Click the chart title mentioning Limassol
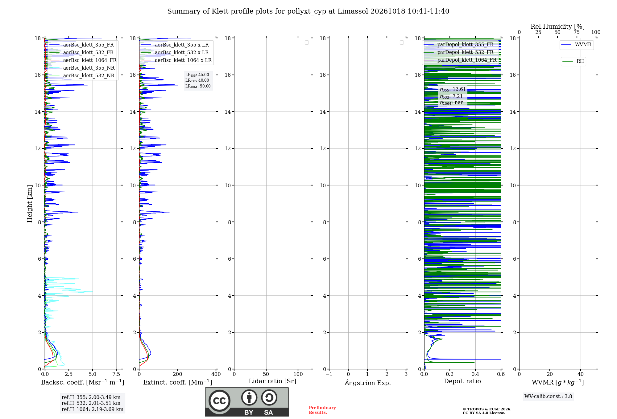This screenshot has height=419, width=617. [x=308, y=11]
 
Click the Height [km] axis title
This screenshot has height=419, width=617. [x=30, y=204]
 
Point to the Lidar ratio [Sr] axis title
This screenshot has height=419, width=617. [x=272, y=381]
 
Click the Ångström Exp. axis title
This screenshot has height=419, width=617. [x=368, y=383]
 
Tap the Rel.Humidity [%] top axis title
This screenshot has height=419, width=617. [x=558, y=26]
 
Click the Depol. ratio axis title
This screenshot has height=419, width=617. [x=462, y=381]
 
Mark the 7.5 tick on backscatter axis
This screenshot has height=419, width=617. [x=116, y=374]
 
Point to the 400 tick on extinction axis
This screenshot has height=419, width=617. [x=216, y=374]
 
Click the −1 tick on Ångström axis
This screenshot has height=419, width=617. [x=329, y=374]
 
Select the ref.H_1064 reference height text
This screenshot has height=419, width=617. [x=93, y=409]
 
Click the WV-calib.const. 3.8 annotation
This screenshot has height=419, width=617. [x=548, y=397]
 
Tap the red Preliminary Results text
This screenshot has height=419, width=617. [x=322, y=410]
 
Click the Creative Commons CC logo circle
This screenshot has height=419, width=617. [x=219, y=401]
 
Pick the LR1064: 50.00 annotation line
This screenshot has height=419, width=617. [x=198, y=86]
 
